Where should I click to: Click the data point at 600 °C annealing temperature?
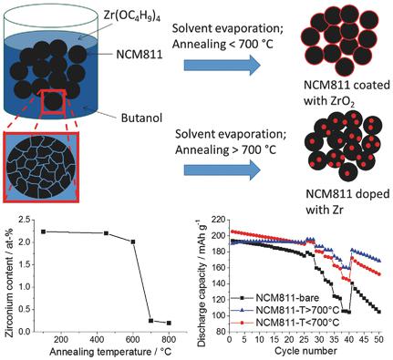pos(133,242)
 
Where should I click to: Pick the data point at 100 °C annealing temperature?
pos(44,231)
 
